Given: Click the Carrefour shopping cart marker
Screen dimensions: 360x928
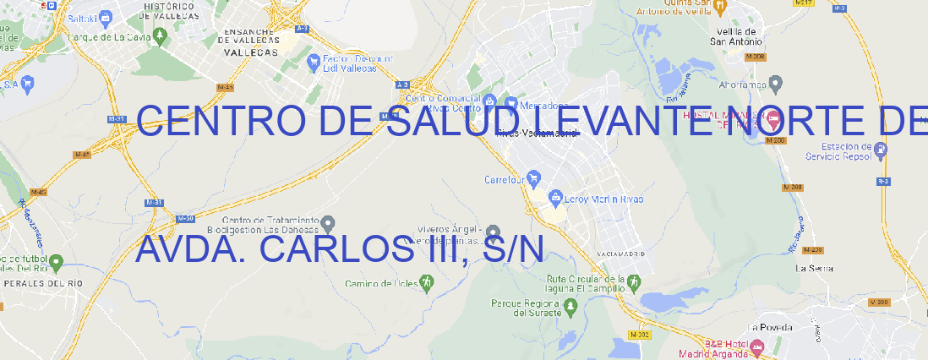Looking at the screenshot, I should coord(535,179).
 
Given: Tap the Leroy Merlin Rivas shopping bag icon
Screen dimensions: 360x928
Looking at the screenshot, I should coord(555,199).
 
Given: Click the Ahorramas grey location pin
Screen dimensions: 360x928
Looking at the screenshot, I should coord(776,84).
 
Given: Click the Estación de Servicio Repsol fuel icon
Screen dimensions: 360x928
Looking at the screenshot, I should coord(882,150).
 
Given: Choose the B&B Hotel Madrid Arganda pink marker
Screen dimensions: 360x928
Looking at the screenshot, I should coord(756,346).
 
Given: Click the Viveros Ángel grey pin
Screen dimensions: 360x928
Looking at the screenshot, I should coord(494,231).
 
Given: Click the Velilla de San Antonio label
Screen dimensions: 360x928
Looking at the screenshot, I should coord(734,35).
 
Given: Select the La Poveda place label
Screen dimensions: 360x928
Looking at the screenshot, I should coord(770,327).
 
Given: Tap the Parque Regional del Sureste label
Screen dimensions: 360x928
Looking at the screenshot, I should coord(526,307).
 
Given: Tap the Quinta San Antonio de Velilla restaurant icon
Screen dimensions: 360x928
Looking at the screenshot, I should coord(720,8).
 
